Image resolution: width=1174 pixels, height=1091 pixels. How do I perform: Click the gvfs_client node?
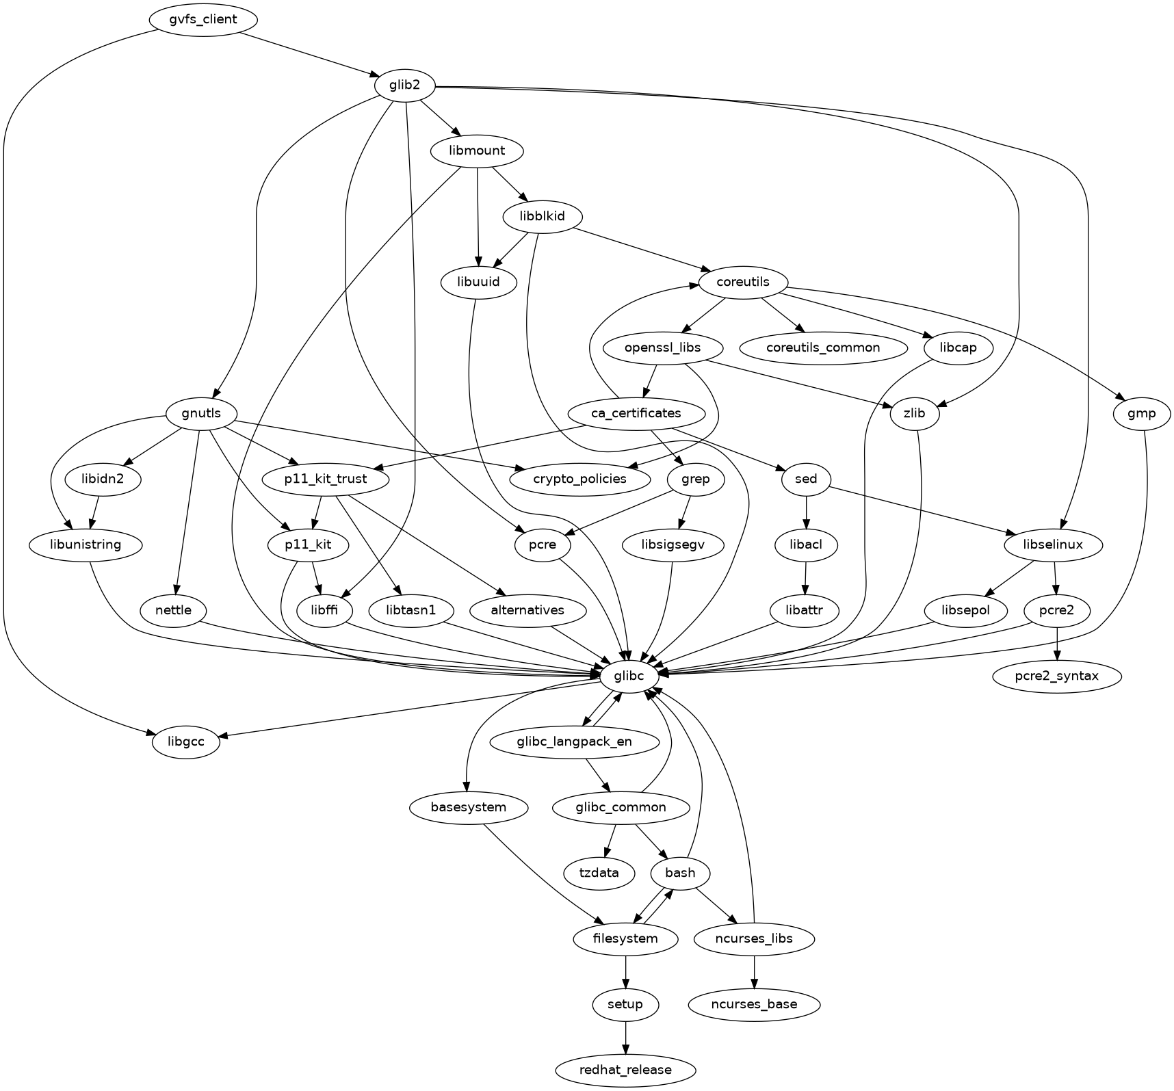tap(203, 20)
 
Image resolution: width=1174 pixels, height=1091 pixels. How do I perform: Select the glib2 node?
tap(406, 86)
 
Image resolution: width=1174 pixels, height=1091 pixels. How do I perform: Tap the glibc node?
tap(630, 676)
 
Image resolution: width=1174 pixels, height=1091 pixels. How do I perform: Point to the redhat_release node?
tap(625, 1070)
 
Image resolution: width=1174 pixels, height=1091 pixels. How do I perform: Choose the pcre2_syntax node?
tap(1057, 676)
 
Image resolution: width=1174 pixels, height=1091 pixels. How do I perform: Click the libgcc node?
tap(185, 742)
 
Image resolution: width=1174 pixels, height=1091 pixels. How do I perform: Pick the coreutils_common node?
tap(823, 347)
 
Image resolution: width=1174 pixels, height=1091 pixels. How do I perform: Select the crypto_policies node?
tap(580, 479)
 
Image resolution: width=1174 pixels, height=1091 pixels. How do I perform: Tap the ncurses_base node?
tap(754, 1005)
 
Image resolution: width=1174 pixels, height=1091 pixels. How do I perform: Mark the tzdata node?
tap(599, 873)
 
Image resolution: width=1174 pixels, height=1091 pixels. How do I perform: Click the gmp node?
tap(1143, 413)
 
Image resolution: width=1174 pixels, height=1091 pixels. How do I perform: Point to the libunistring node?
tap(86, 545)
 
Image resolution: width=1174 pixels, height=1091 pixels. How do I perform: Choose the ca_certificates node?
tap(636, 413)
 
